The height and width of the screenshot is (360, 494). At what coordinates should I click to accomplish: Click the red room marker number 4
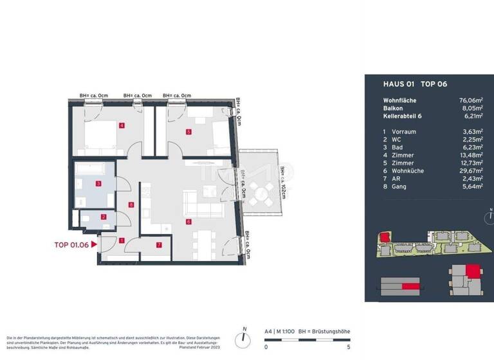click(x=121, y=125)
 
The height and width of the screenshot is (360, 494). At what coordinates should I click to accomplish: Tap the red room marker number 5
click(x=188, y=132)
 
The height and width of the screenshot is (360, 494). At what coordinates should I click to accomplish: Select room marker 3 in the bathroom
click(x=98, y=183)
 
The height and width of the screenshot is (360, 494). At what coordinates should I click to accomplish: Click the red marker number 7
click(x=159, y=244)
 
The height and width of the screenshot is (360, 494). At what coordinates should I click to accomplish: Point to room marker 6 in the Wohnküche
click(x=188, y=222)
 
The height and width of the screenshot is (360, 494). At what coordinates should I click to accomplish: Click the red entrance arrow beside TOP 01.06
click(x=95, y=244)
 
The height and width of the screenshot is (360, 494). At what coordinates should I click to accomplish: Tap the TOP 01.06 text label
click(x=71, y=244)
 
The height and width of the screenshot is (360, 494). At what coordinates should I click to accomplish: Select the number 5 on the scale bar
click(x=348, y=347)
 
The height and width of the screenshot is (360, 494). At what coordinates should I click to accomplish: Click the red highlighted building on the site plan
click(x=385, y=237)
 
